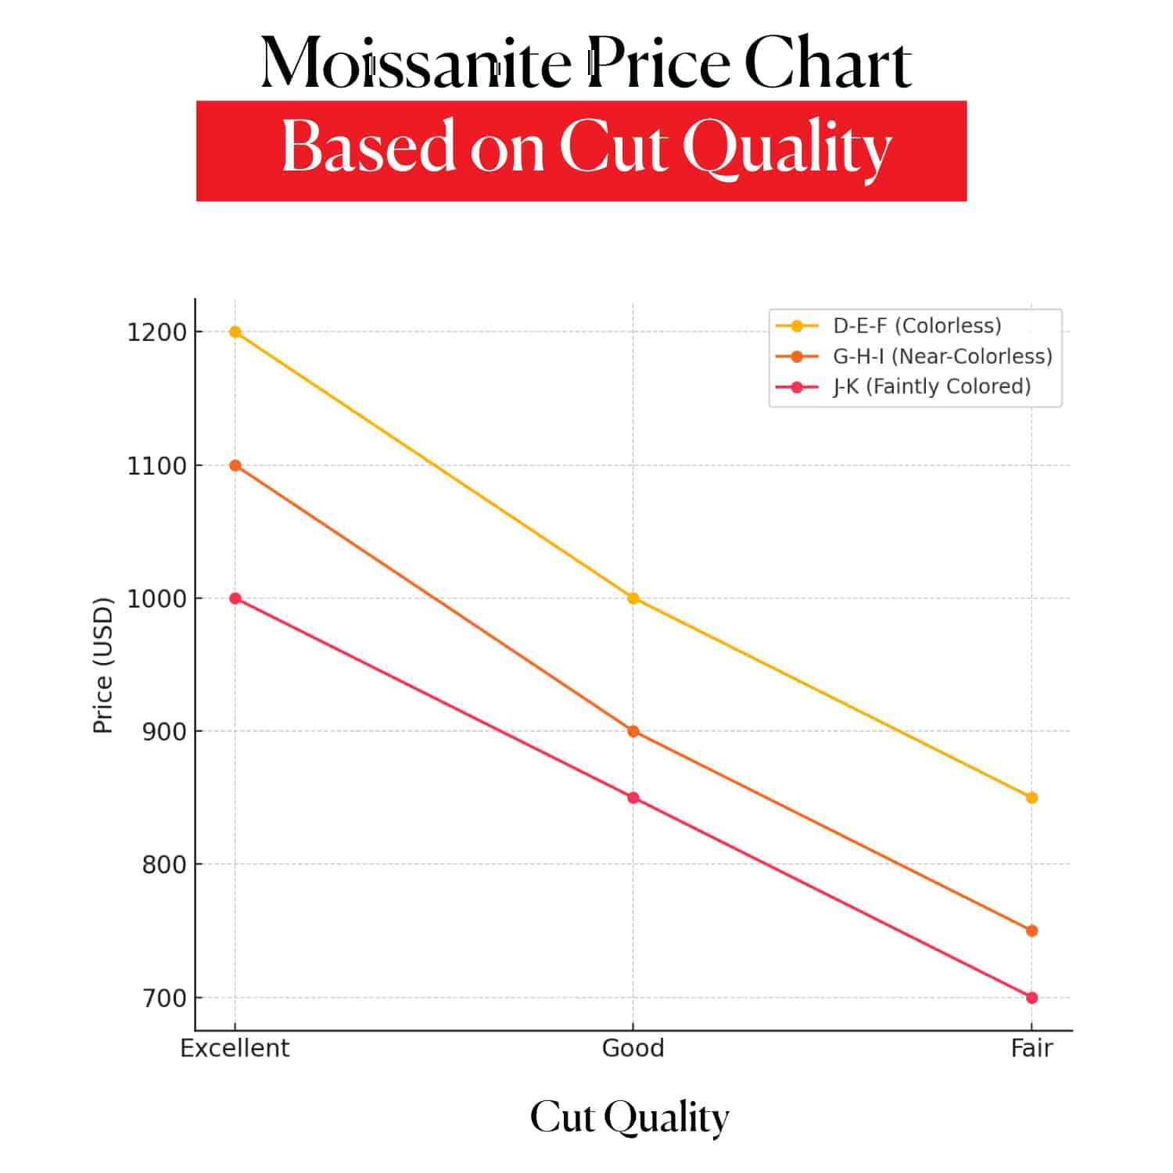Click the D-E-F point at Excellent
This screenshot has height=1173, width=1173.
(x=235, y=332)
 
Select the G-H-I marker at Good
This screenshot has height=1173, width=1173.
(x=633, y=731)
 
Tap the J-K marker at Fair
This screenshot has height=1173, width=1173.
(x=1031, y=998)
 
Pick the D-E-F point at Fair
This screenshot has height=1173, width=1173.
(x=1031, y=798)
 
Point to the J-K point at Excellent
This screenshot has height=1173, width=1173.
(x=235, y=598)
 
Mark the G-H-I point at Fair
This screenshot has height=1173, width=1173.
(x=1031, y=931)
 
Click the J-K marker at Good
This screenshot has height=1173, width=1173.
(x=633, y=798)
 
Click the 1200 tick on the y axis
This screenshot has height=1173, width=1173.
(x=156, y=332)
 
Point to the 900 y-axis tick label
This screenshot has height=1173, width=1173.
(x=164, y=732)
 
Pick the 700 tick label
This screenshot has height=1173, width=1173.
(x=164, y=999)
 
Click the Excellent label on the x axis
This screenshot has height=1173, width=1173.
(x=235, y=1048)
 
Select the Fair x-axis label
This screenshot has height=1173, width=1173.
(x=1031, y=1048)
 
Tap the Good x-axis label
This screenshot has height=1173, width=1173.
(x=633, y=1048)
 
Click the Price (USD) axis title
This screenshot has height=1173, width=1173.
(x=103, y=665)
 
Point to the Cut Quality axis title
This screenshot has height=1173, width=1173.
(x=630, y=1117)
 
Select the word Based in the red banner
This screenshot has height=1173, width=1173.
(x=368, y=146)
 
